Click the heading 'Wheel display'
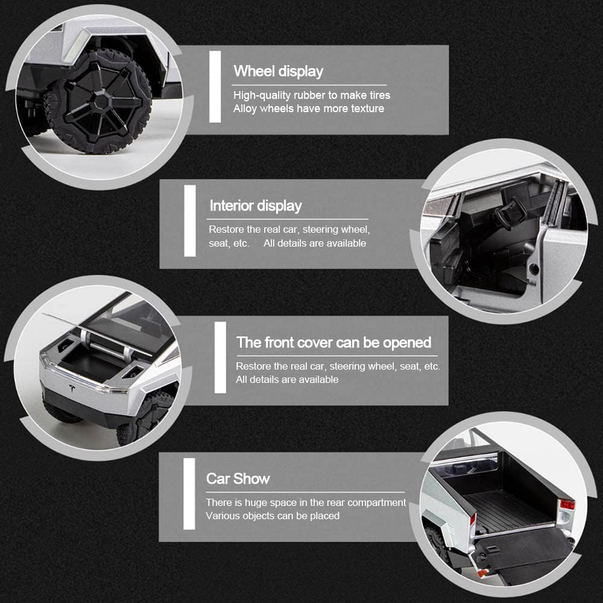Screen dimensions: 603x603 (x=279, y=72)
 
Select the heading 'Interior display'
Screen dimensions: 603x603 (x=255, y=206)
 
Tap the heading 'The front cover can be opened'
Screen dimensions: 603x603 (x=333, y=343)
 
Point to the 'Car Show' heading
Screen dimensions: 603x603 (x=238, y=478)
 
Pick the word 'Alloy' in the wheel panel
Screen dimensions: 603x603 (x=245, y=109)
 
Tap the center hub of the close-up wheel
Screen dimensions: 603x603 (x=101, y=101)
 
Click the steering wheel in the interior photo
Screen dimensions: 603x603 (x=511, y=213)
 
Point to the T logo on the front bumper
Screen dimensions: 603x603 (x=72, y=388)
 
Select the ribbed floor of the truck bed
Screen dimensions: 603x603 (x=508, y=510)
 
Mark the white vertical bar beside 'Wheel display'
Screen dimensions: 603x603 (x=215, y=87)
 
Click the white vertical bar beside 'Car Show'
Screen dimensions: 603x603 (x=189, y=494)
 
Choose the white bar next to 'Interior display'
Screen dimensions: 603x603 (x=190, y=221)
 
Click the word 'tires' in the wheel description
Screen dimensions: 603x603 (x=379, y=95)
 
